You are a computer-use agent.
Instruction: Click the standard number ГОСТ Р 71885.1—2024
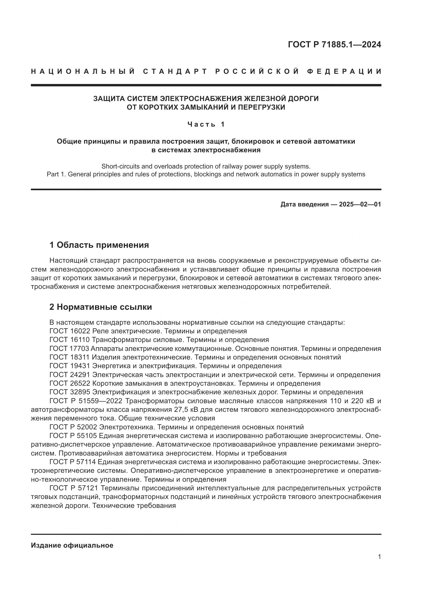coord(334,44)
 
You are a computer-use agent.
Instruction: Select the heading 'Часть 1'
coord(206,125)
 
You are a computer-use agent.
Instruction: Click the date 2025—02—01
coord(360,204)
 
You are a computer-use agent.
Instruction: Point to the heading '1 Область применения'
coord(99,245)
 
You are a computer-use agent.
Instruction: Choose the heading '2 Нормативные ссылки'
coord(101,307)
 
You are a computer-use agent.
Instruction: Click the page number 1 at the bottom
coord(379,557)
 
